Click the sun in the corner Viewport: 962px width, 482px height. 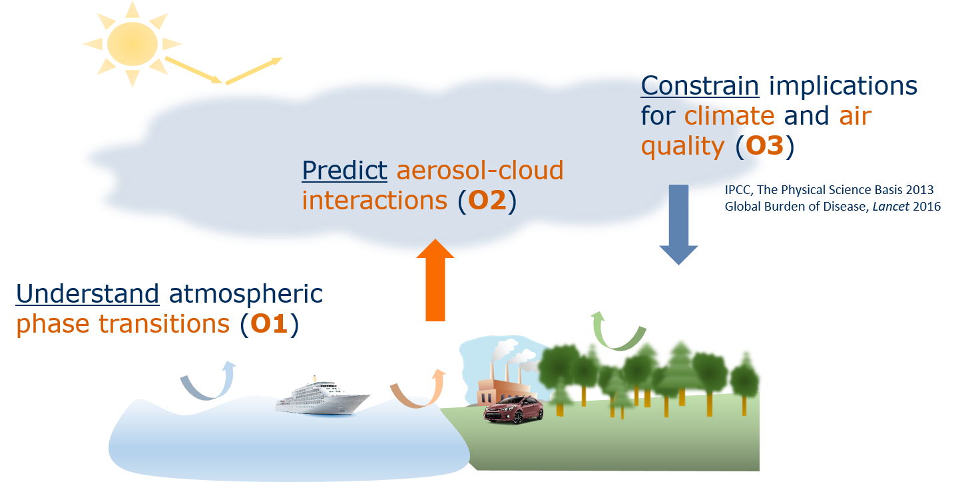[132, 43]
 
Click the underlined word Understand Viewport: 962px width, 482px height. [87, 293]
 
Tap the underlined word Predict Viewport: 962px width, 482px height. [344, 171]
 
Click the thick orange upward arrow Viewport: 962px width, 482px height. [435, 280]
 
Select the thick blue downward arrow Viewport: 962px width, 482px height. [678, 225]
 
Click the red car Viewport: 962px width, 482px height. [513, 409]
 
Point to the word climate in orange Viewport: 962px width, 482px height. [730, 116]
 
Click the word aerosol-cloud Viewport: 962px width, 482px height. [480, 171]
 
